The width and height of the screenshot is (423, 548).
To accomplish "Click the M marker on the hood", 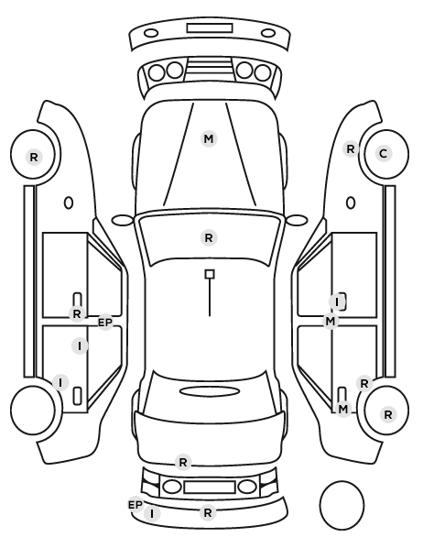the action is coord(209,138).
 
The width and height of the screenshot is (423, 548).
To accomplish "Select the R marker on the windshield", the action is coord(209,238).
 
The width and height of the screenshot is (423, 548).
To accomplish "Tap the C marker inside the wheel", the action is coord(384,153).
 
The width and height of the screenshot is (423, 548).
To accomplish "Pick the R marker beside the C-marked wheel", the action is coord(351,149).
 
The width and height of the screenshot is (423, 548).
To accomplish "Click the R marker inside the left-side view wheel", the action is coord(34,157).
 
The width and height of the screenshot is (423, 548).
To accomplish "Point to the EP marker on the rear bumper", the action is coord(136,505).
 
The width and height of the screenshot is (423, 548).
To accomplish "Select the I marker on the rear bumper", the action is coord(152,513).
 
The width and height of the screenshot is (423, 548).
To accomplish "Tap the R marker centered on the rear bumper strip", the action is coord(208,513).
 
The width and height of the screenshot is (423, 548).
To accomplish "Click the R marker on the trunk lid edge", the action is coord(183,463).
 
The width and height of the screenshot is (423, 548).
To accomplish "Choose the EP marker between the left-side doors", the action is coord(105,323).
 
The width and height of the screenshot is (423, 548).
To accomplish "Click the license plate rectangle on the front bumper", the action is coord(210,28).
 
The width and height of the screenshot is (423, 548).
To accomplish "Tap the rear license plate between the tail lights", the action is coord(210,487).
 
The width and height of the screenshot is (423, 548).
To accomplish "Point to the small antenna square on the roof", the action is coord(210,274).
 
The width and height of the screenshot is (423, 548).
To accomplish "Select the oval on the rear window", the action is coord(210,391).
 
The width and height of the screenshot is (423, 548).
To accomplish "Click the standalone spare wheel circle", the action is coord(342,505).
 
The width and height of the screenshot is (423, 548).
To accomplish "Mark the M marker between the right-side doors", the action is coord(331,321).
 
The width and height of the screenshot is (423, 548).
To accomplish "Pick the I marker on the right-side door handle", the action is coord(337,302).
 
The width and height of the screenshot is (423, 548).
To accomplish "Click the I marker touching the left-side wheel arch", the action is coord(60,382).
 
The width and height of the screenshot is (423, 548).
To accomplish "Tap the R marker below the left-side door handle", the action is coord(77,313).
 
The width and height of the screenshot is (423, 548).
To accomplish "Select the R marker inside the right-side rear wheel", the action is coord(387,414).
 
